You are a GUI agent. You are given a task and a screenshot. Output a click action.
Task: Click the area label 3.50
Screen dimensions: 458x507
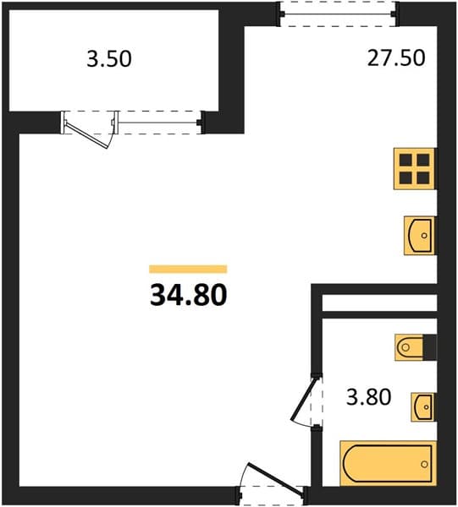click(109, 59)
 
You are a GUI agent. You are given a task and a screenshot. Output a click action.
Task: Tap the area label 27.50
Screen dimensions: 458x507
click(396, 58)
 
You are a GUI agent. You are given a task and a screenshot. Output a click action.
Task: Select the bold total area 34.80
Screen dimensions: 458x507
click(188, 296)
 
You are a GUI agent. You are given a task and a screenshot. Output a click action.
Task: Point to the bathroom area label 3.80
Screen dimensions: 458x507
click(368, 397)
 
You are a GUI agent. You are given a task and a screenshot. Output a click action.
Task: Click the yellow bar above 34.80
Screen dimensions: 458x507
click(188, 269)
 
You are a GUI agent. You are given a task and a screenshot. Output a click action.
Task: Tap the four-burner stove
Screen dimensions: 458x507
click(415, 169)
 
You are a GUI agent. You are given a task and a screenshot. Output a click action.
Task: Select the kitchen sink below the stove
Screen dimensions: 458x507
click(420, 236)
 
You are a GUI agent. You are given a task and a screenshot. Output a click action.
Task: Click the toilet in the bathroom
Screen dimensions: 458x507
click(409, 347)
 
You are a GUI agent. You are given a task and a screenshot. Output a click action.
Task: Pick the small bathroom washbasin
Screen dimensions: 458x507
click(423, 407)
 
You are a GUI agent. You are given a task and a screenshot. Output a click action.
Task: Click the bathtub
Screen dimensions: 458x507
click(388, 463)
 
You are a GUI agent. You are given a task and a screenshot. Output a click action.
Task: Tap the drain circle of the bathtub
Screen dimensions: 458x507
click(424, 464)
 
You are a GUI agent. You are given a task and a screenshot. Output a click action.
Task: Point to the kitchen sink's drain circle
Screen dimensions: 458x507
click(424, 236)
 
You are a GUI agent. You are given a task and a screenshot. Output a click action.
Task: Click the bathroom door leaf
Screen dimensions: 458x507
click(303, 400)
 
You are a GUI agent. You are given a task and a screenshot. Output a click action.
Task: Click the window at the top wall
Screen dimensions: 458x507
click(339, 14)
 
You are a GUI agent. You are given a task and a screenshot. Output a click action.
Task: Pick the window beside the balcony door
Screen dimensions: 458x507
click(158, 123)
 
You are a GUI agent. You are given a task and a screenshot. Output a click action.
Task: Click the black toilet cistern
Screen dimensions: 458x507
click(430, 347)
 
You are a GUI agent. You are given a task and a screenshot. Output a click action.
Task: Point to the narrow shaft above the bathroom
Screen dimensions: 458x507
click(379, 303)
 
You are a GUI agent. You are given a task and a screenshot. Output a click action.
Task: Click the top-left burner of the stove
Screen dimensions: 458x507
click(406, 160)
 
